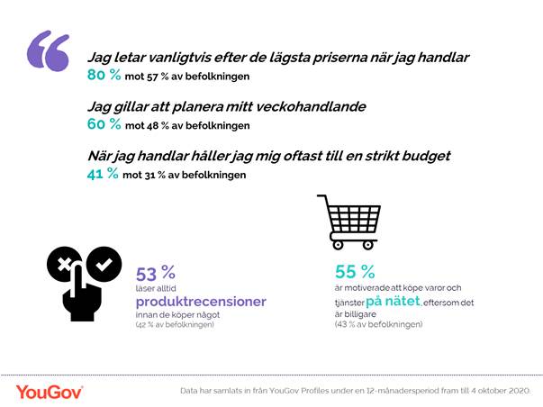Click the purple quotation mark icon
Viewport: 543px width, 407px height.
48,51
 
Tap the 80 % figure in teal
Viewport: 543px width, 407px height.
102,75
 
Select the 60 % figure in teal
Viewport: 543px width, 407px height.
102,124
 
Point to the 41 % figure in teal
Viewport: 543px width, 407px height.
102,174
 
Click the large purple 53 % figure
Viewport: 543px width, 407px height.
155,274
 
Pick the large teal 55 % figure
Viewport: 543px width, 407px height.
354,271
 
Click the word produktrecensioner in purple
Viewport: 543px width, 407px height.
201,302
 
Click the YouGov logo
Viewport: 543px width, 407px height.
50,391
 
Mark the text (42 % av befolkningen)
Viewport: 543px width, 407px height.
175,323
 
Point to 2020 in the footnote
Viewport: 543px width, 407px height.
520,391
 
